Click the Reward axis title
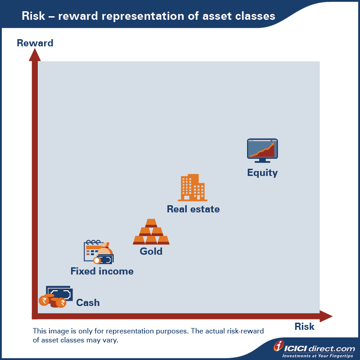tap(35, 43)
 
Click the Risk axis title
tap(305, 327)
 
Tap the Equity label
tap(262, 173)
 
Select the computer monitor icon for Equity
tap(262, 150)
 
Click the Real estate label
tap(193, 209)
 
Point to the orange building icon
tap(193, 188)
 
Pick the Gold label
tap(151, 251)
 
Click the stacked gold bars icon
tap(151, 232)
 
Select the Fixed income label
tap(102, 271)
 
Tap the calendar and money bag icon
tap(99, 252)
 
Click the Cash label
tap(88, 302)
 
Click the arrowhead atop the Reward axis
tap(35, 55)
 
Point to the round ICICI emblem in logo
tap(279, 346)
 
